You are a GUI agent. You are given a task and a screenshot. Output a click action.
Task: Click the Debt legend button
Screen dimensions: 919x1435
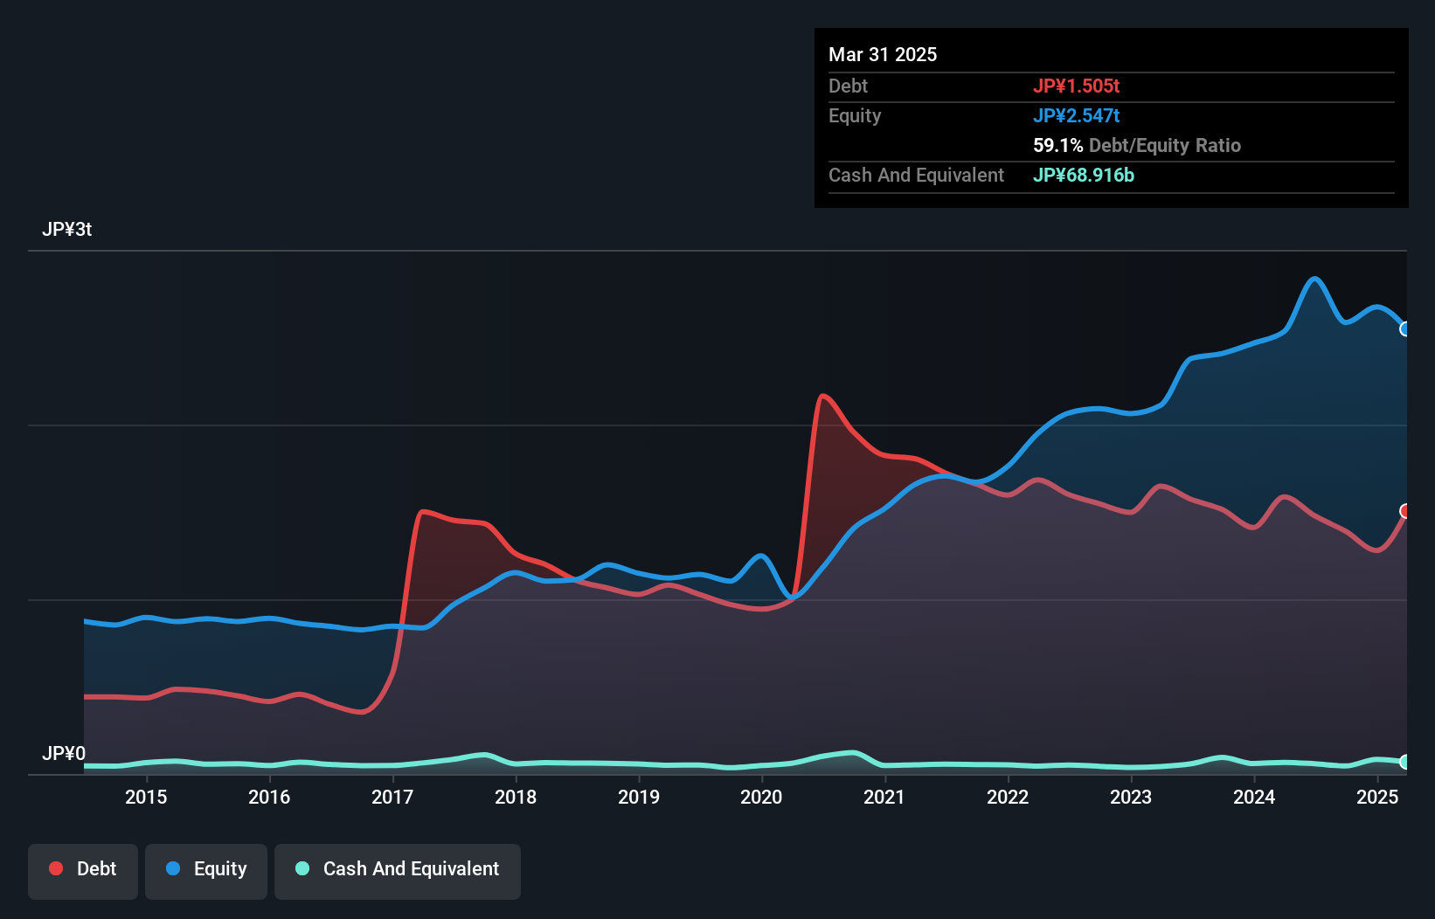click(83, 869)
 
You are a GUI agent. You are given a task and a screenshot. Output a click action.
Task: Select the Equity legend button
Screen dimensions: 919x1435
click(206, 869)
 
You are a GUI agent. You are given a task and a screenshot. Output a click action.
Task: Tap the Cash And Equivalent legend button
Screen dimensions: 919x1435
click(398, 869)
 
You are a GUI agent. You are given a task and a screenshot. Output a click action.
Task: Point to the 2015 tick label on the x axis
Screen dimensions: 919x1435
click(146, 797)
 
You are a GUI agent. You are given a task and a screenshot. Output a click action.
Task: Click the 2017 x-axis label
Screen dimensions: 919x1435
click(392, 797)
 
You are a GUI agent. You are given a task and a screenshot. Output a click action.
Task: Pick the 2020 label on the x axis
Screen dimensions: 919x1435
click(761, 797)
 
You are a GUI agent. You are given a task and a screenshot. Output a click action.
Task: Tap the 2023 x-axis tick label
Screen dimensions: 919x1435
click(1131, 797)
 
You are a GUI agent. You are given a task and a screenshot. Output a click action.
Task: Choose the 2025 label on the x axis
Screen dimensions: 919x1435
click(1377, 797)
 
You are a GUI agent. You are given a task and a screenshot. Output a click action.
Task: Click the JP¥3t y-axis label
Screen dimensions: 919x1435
click(66, 230)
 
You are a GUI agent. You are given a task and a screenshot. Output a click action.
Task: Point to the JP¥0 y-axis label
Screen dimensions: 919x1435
click(64, 753)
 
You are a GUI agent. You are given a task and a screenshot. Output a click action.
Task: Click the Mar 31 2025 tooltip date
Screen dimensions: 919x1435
click(883, 55)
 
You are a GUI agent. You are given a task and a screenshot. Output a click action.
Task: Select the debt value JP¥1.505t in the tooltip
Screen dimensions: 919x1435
click(1076, 86)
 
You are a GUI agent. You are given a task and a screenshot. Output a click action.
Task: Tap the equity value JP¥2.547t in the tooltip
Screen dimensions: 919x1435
click(1076, 116)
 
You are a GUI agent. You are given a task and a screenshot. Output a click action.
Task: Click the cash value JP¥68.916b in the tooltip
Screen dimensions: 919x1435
click(1084, 176)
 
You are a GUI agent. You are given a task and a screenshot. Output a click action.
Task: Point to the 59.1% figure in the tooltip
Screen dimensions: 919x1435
click(1057, 146)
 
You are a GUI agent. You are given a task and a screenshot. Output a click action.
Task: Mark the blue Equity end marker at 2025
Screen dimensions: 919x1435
click(1405, 329)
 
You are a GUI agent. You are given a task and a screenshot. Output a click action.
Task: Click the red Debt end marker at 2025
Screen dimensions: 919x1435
click(1405, 511)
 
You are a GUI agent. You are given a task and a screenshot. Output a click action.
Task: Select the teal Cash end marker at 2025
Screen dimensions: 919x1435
click(1405, 762)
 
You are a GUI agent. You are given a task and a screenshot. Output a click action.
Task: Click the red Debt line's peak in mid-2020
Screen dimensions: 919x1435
click(822, 396)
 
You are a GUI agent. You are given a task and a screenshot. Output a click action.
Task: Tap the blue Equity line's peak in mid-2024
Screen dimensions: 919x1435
click(1314, 279)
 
